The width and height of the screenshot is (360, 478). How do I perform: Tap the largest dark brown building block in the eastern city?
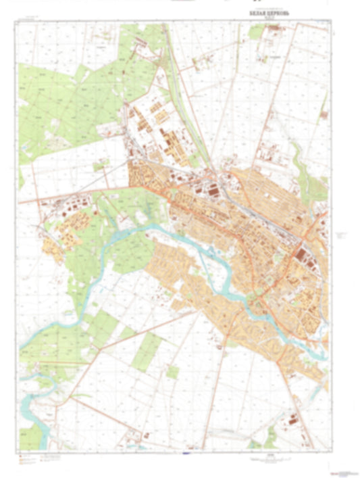click(x=299, y=255)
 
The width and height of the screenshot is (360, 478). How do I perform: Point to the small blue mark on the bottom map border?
click(x=185, y=452)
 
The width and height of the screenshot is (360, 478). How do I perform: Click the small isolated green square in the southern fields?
click(x=173, y=372)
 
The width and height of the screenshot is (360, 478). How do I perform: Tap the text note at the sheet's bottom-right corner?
click(x=341, y=469)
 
